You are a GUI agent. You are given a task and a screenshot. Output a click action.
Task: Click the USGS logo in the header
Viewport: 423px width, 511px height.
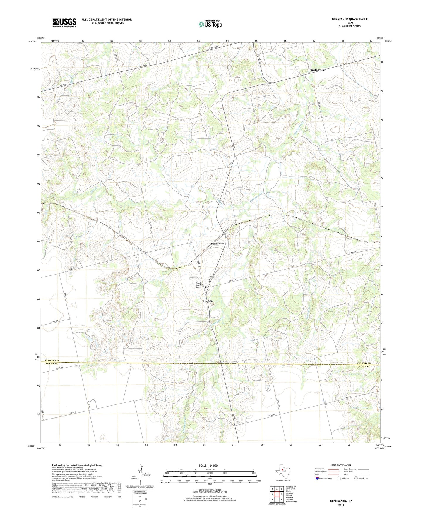(64, 23)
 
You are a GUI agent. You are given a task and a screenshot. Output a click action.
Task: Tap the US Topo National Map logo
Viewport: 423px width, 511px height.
(210, 24)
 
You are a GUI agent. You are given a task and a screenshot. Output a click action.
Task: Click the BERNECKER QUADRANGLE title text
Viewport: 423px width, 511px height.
(350, 19)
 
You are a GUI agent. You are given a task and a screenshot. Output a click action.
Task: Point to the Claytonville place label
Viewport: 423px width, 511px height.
(317, 70)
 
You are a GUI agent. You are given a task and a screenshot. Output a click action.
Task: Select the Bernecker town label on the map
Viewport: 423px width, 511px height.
(217, 244)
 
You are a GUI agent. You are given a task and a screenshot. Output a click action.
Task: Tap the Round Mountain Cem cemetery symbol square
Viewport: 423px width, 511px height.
(205, 287)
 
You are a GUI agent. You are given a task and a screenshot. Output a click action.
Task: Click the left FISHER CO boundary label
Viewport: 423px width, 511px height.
(52, 361)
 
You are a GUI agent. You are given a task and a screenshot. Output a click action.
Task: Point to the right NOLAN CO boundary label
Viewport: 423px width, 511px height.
(364, 366)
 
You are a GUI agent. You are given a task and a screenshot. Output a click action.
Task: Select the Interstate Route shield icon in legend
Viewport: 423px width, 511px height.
(317, 478)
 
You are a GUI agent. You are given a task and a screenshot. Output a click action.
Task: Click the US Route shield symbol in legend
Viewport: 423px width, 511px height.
(339, 478)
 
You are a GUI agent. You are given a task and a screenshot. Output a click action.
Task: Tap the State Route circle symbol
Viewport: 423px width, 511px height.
(356, 478)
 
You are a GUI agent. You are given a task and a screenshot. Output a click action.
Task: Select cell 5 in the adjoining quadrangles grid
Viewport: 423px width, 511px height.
(281, 494)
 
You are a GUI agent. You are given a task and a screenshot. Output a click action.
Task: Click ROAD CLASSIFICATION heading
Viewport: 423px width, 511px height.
(341, 465)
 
